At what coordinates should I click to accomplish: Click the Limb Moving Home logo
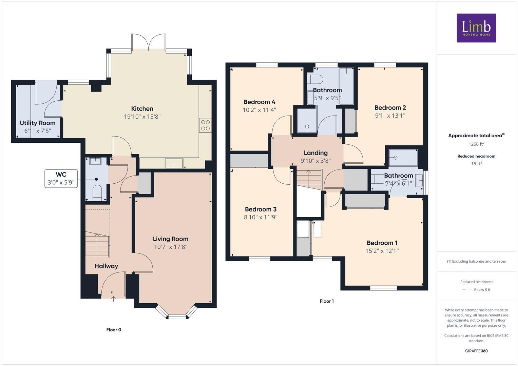pos(476,28)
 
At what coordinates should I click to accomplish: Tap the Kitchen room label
pos(142,109)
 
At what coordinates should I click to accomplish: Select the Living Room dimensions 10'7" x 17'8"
pos(171,247)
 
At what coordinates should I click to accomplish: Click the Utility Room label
pos(37,123)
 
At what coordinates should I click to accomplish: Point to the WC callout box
pos(61,179)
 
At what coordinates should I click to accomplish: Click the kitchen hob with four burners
pos(205,125)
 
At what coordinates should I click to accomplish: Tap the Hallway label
pos(106,266)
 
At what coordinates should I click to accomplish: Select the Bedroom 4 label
pos(259,102)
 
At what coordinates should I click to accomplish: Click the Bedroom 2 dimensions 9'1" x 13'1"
pos(390,116)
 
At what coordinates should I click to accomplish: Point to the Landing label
pos(315,153)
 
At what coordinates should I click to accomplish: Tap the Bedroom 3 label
pos(261,209)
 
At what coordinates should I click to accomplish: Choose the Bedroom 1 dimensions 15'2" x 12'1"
pos(382,251)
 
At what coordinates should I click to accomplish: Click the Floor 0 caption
pos(114,330)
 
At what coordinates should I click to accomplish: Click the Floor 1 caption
pos(327,301)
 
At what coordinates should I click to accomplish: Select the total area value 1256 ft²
pos(476,144)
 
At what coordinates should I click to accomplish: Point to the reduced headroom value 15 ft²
pos(476,164)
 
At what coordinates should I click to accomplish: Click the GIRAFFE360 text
pos(476,351)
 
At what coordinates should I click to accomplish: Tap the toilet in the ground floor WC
pos(97,192)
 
